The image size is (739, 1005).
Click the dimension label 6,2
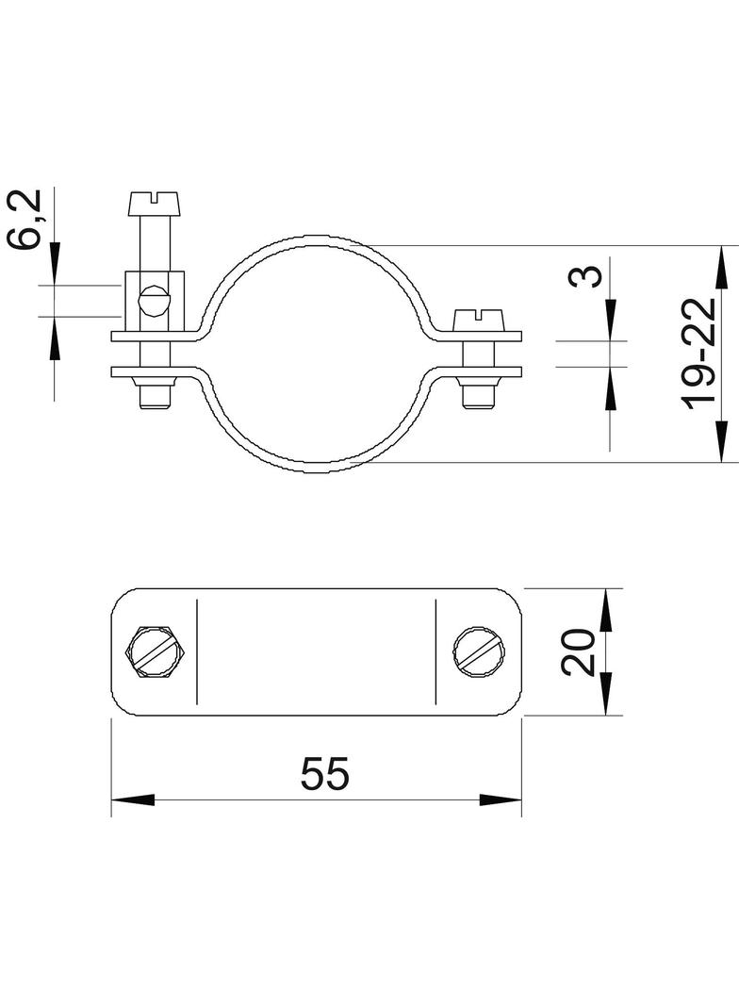25,219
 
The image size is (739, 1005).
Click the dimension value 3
585,276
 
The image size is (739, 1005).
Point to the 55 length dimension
325,773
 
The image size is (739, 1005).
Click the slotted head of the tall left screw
156,204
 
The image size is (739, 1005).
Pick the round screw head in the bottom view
482,651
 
